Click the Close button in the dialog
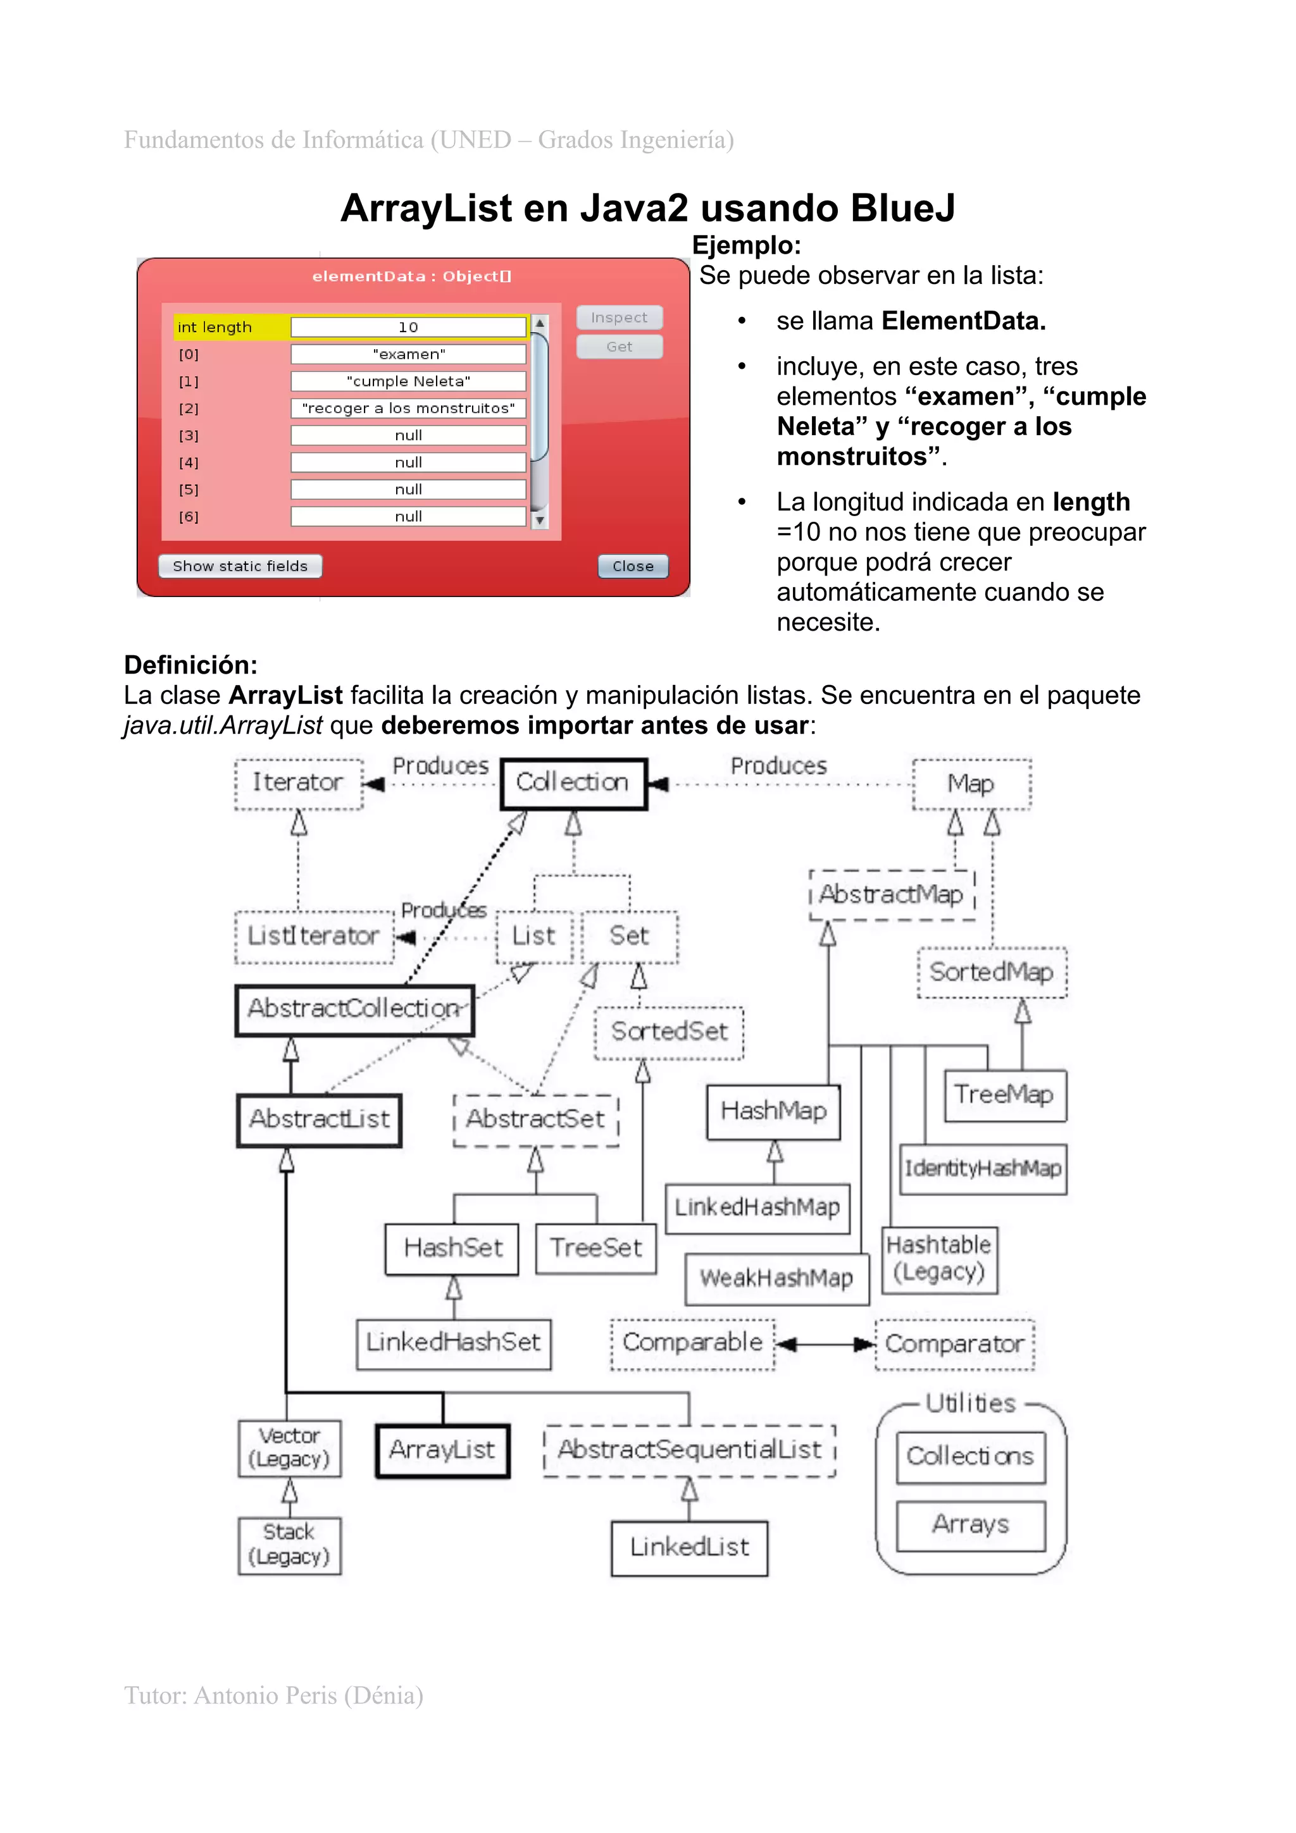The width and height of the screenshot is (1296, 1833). tap(632, 566)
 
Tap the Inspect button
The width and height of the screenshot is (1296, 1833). tap(619, 318)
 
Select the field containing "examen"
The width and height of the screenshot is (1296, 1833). tap(408, 354)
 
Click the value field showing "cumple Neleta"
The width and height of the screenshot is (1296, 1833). tap(408, 381)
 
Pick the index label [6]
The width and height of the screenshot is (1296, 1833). tap(189, 517)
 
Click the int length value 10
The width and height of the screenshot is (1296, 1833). tap(408, 326)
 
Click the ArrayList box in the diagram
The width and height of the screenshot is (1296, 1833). tap(442, 1450)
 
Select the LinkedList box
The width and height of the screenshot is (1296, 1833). tap(689, 1547)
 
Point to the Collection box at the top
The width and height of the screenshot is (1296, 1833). tap(573, 782)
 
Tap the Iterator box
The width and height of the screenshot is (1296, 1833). tap(299, 783)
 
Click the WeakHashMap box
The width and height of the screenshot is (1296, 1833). tap(776, 1278)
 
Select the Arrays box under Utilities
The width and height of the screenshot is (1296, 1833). tap(970, 1525)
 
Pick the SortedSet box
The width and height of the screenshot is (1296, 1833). tap(669, 1032)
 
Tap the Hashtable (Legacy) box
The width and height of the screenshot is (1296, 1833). tap(939, 1259)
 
